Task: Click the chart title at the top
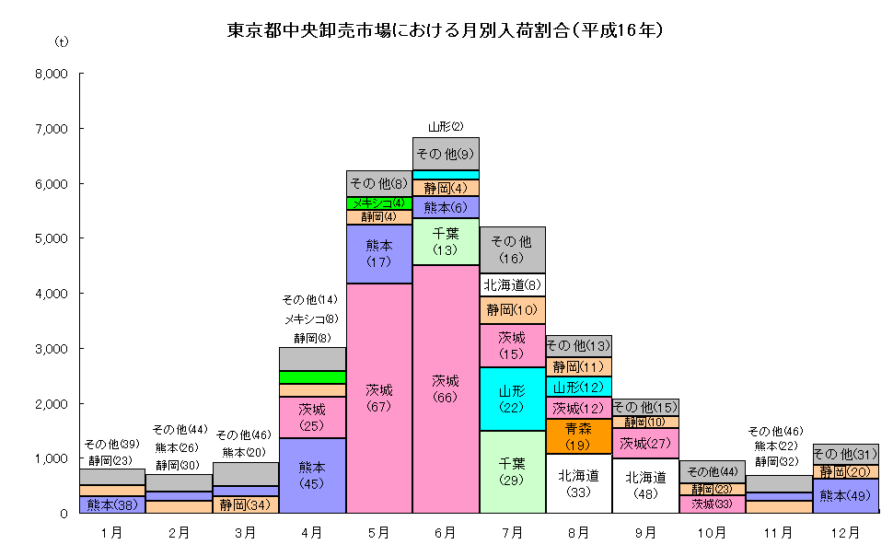tap(446, 29)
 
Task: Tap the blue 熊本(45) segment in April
tap(312, 475)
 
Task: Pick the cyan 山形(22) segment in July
tap(513, 399)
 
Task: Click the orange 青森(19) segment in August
tap(579, 436)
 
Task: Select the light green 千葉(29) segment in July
tap(513, 472)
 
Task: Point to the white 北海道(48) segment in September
tap(645, 485)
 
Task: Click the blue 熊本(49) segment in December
tap(846, 495)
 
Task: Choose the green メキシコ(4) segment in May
tap(378, 203)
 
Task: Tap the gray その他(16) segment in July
tap(513, 249)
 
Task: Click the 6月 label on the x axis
tap(446, 532)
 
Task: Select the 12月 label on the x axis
tap(846, 532)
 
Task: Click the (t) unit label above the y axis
tap(62, 42)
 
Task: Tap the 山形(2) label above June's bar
tap(446, 126)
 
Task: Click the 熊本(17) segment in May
tap(378, 254)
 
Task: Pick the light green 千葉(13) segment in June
tap(446, 241)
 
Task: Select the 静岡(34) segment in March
tap(246, 504)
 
